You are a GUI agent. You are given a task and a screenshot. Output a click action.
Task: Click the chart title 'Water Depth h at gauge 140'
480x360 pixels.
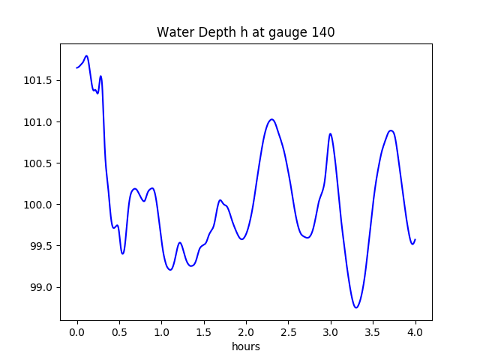(245, 32)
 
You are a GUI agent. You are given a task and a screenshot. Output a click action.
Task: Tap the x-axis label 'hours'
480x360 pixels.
(246, 347)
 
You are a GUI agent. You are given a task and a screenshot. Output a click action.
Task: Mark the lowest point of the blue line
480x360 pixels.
(356, 307)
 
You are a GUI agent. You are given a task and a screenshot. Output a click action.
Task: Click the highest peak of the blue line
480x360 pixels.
(87, 55)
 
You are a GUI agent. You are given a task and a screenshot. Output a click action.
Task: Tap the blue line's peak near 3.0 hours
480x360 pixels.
(330, 133)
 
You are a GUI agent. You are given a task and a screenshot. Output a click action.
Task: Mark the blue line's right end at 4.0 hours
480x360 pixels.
(415, 239)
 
